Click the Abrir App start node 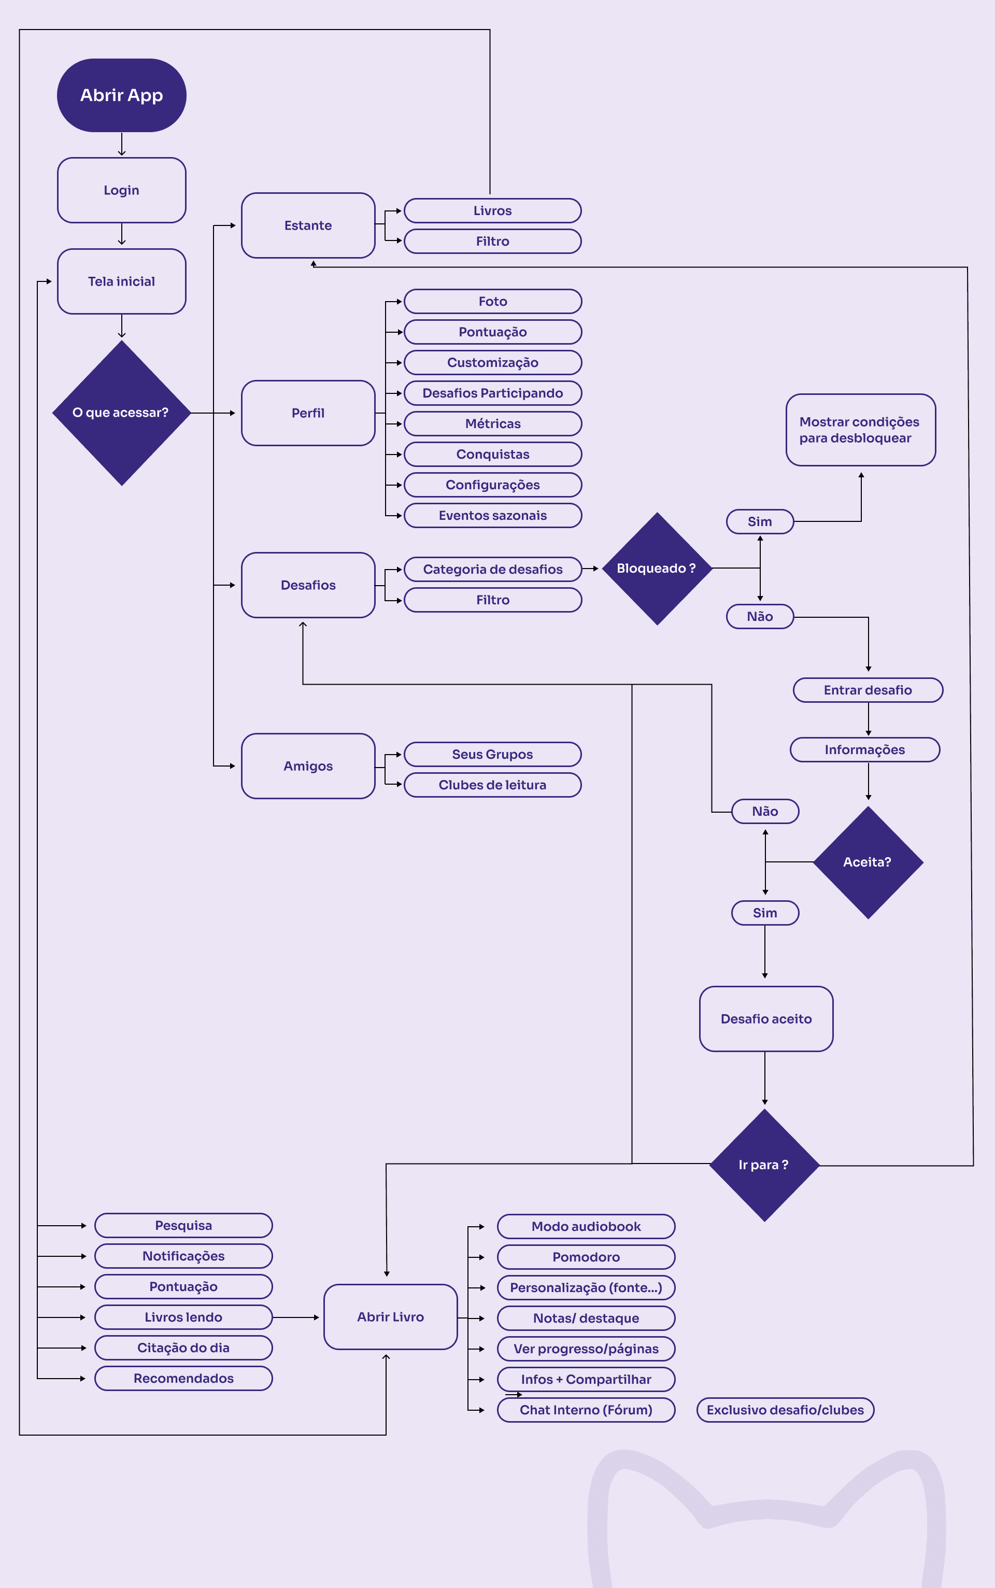pyautogui.click(x=122, y=95)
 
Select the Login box pyautogui.click(x=122, y=190)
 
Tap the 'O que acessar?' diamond pyautogui.click(x=122, y=413)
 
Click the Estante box pyautogui.click(x=308, y=225)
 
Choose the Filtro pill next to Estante pyautogui.click(x=493, y=242)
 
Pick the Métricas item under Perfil pyautogui.click(x=493, y=424)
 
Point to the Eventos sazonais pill pyautogui.click(x=493, y=515)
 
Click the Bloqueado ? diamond pyautogui.click(x=657, y=569)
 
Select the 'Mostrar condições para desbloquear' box pyautogui.click(x=861, y=430)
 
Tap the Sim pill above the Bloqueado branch pyautogui.click(x=760, y=522)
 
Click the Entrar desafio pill pyautogui.click(x=868, y=690)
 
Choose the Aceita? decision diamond pyautogui.click(x=868, y=862)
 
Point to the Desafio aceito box pyautogui.click(x=766, y=1019)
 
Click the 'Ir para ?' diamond pyautogui.click(x=764, y=1165)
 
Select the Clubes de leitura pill pyautogui.click(x=493, y=785)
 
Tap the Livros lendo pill pyautogui.click(x=183, y=1317)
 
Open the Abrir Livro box pyautogui.click(x=391, y=1317)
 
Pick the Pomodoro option pyautogui.click(x=586, y=1257)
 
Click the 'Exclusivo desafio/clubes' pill pyautogui.click(x=785, y=1410)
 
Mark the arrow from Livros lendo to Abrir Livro pyautogui.click(x=295, y=1317)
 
